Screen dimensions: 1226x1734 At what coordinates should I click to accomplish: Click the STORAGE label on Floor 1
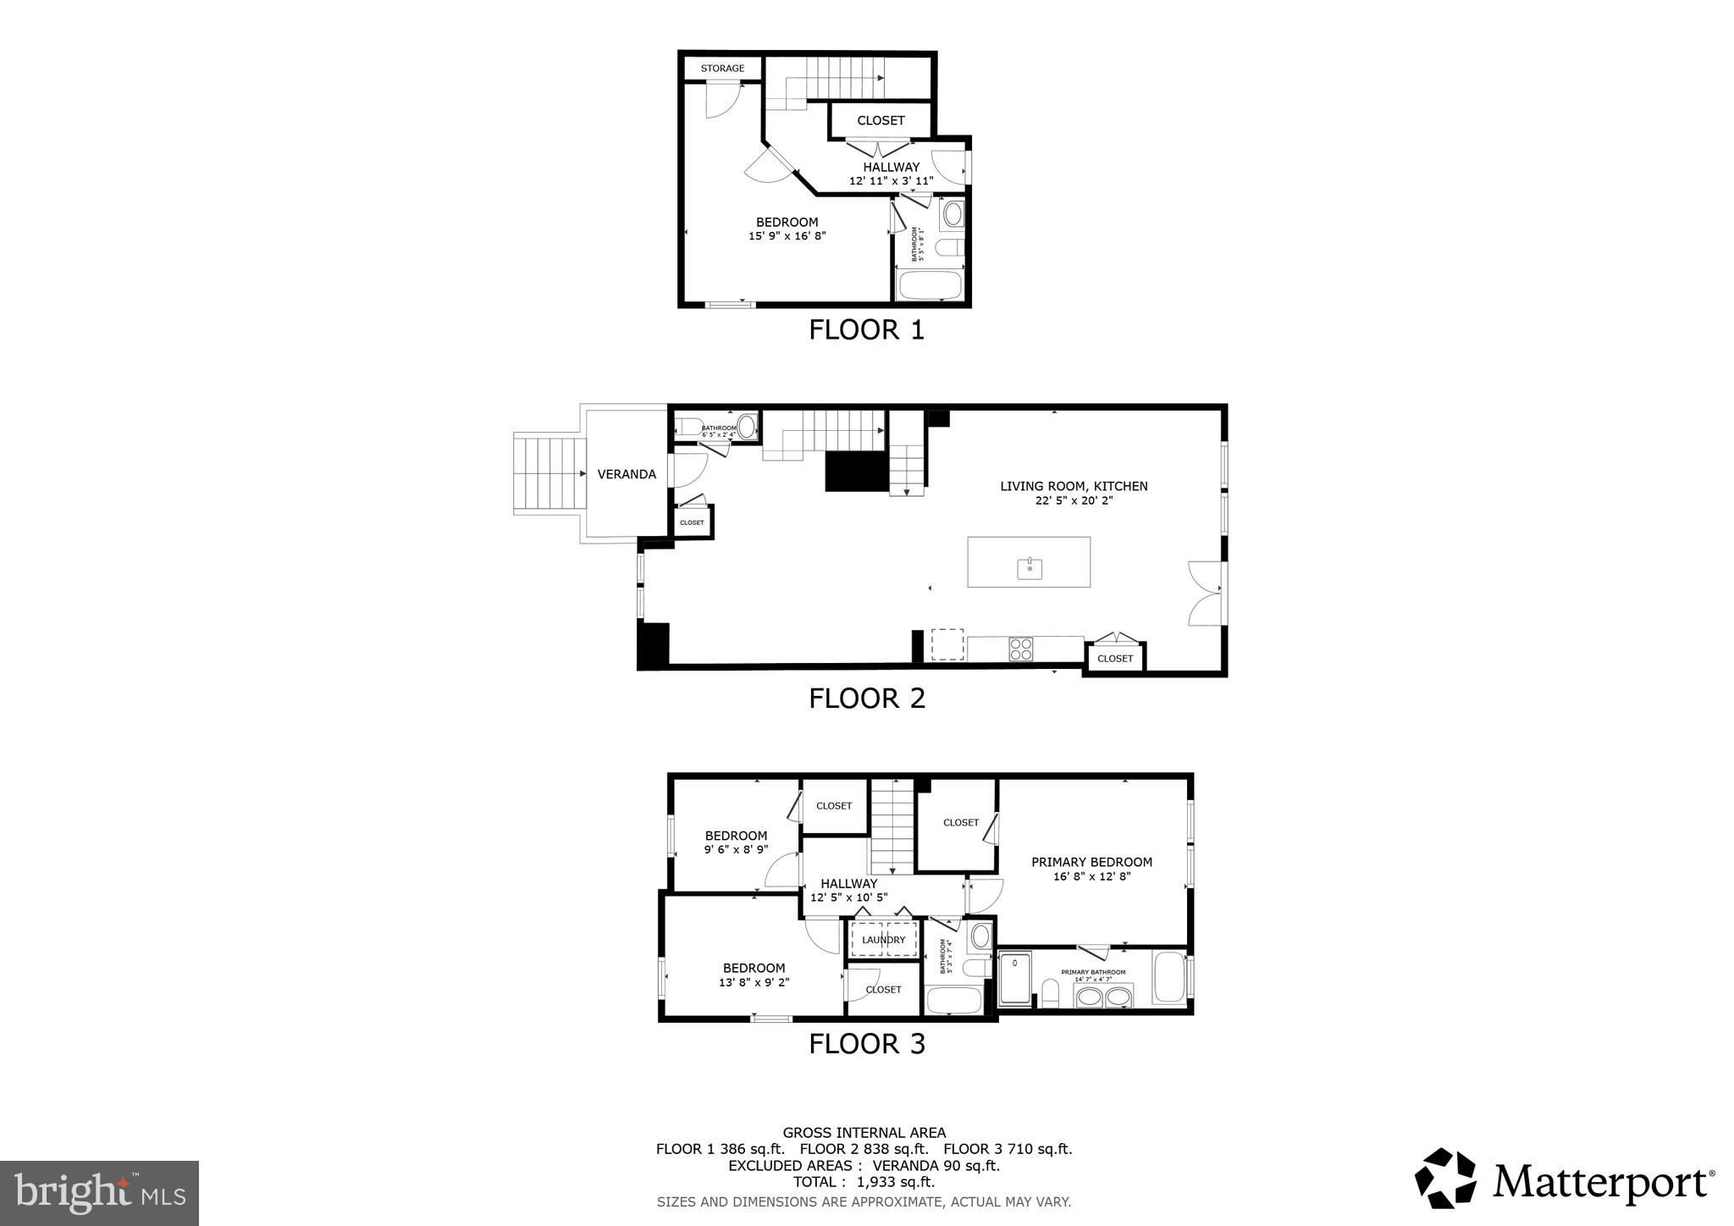722,69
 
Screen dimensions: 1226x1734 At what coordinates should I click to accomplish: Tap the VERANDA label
627,474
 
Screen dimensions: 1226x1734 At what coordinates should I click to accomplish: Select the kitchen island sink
1030,568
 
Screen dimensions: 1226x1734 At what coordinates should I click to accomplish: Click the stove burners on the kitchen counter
1021,649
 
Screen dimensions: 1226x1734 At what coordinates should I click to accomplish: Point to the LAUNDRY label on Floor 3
883,940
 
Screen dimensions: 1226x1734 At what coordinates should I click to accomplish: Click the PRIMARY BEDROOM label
1091,862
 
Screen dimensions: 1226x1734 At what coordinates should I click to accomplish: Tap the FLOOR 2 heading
866,699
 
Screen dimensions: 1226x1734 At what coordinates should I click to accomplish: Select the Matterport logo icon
1445,1178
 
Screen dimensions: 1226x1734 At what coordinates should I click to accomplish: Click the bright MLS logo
99,1193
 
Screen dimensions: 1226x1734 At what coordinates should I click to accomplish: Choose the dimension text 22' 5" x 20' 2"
1074,500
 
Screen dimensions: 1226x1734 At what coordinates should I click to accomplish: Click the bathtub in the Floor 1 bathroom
930,285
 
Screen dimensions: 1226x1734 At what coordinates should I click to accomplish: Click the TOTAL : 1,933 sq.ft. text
864,1182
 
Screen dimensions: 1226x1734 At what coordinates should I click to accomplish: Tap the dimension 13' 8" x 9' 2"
754,983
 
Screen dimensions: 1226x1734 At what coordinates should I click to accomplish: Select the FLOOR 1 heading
866,329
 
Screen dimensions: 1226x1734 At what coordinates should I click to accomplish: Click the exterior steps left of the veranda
549,474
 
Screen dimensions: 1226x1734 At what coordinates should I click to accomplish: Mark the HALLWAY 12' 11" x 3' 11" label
891,174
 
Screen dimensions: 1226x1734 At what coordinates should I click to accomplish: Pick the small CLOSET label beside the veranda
692,522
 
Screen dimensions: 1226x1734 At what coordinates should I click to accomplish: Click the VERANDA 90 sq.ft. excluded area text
936,1165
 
